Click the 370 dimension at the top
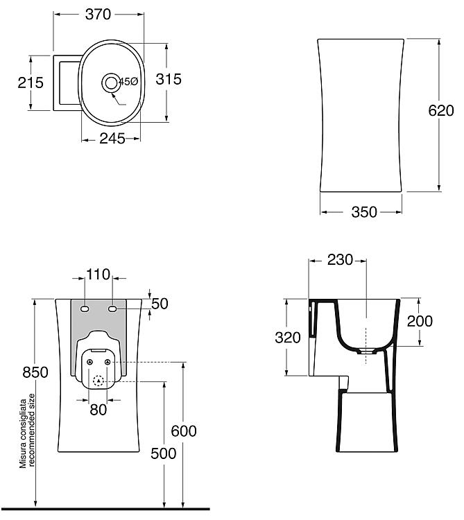tap(98, 15)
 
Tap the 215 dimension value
tap(31, 83)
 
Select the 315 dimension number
tap(169, 79)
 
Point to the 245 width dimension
tap(112, 139)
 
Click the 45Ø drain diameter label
tap(128, 82)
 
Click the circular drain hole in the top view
tap(110, 83)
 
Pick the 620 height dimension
tap(441, 110)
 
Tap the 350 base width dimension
tap(364, 212)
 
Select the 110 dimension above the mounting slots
tap(98, 275)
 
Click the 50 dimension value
tap(160, 304)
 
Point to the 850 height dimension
tap(35, 372)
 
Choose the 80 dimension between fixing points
tap(98, 410)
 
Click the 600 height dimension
tap(184, 431)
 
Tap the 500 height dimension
tap(164, 453)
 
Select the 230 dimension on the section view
tap(340, 260)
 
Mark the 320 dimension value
tap(288, 338)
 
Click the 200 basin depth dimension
tap(420, 321)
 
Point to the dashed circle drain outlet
tap(98, 381)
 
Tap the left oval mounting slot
tap(85, 309)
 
